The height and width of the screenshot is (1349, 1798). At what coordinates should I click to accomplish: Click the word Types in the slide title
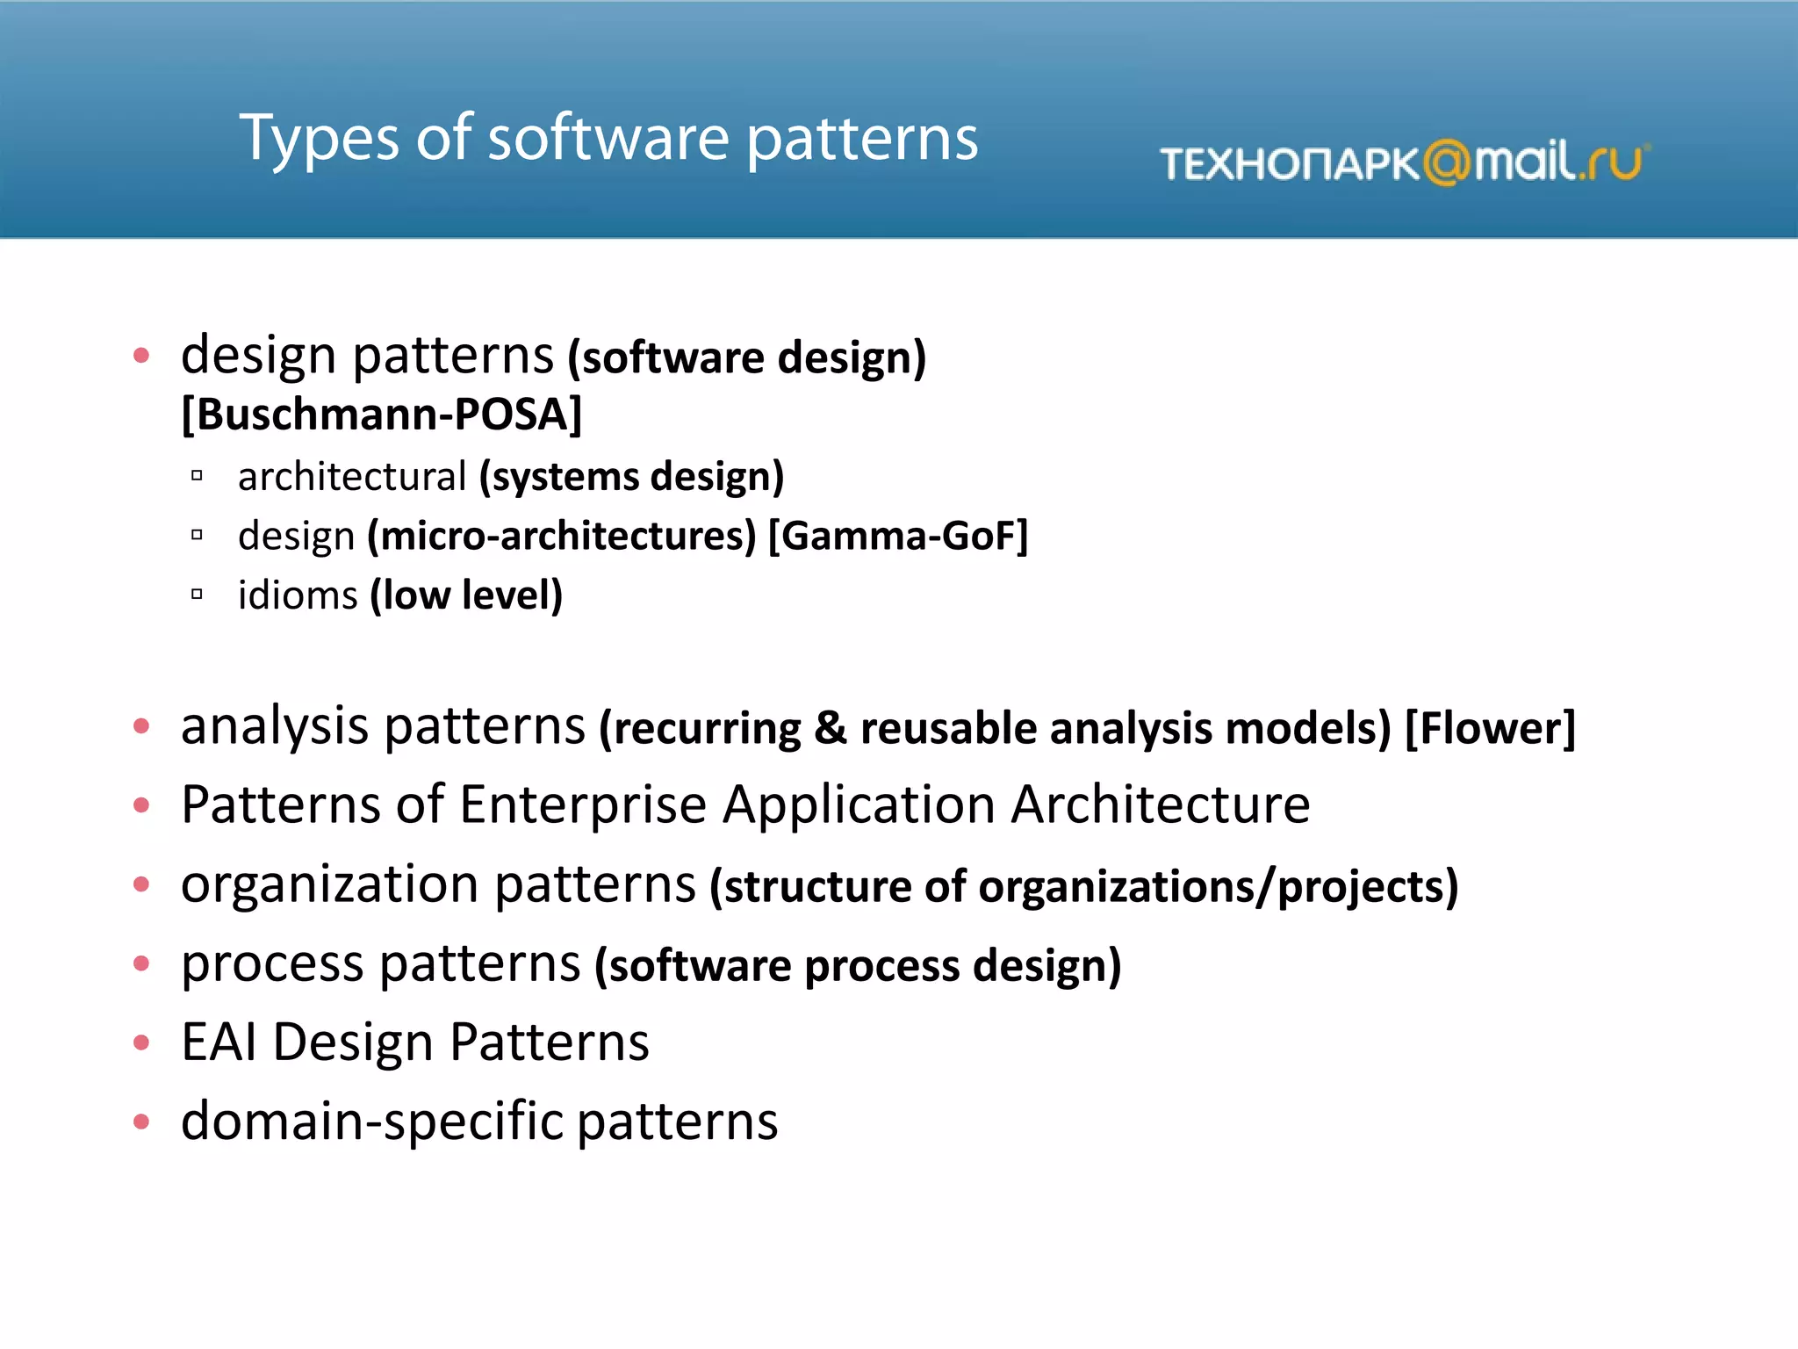coord(320,141)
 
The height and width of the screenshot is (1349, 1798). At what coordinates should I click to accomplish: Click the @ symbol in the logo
coord(1446,163)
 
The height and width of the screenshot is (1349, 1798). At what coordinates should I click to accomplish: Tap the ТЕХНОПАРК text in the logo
coord(1289,164)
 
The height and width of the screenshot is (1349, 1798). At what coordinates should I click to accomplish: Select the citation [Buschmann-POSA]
coord(381,415)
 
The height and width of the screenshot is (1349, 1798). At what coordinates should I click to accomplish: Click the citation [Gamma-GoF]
coord(898,536)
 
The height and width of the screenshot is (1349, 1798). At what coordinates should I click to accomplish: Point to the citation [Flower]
coord(1490,728)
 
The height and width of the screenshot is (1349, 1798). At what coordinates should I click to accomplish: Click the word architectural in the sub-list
coord(352,477)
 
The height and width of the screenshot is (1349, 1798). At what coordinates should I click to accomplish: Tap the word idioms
coord(298,595)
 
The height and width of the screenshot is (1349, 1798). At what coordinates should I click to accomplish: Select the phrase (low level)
coord(466,595)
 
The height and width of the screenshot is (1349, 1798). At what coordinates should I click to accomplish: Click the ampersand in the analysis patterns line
coord(830,728)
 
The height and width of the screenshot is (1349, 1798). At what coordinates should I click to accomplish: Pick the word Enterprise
coord(583,804)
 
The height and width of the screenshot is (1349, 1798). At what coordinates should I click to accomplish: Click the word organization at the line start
coord(331,885)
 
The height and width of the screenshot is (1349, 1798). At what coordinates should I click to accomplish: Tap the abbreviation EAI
coord(219,1042)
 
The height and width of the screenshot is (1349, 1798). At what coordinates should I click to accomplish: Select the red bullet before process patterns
coord(141,963)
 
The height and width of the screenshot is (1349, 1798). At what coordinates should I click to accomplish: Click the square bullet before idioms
coord(197,595)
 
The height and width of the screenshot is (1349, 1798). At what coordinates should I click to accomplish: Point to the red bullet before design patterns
coord(141,356)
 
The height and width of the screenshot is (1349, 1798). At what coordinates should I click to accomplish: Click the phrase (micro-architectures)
coord(562,536)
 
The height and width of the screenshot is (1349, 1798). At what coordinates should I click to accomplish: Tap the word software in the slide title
coord(608,141)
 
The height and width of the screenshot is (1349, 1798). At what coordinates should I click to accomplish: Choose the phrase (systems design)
coord(631,477)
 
